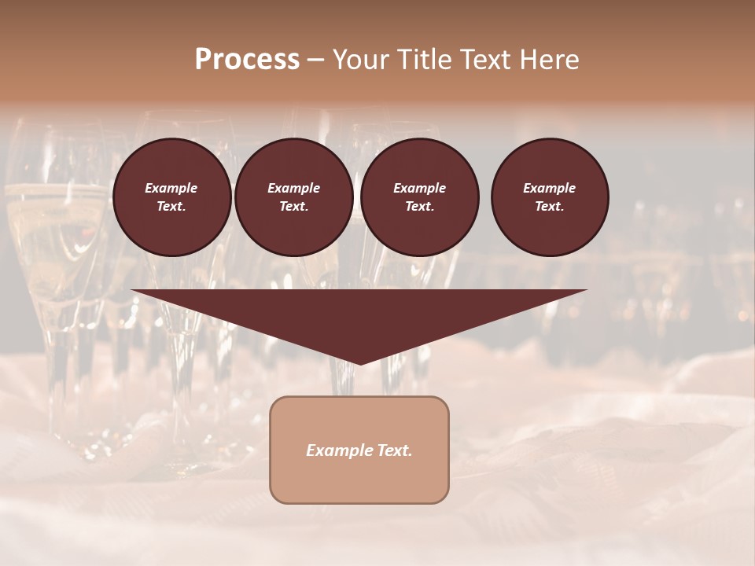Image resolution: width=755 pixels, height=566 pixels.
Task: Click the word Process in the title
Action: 247,60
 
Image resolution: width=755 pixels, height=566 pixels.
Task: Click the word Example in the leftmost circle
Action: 171,188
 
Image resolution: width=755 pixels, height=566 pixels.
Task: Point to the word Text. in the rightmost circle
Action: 550,207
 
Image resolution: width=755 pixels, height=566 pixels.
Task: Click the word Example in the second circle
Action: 293,188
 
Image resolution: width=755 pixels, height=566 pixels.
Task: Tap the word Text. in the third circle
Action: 419,207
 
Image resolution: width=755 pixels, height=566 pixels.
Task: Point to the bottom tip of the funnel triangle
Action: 359,362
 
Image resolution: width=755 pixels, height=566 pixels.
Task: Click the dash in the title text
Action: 316,61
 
